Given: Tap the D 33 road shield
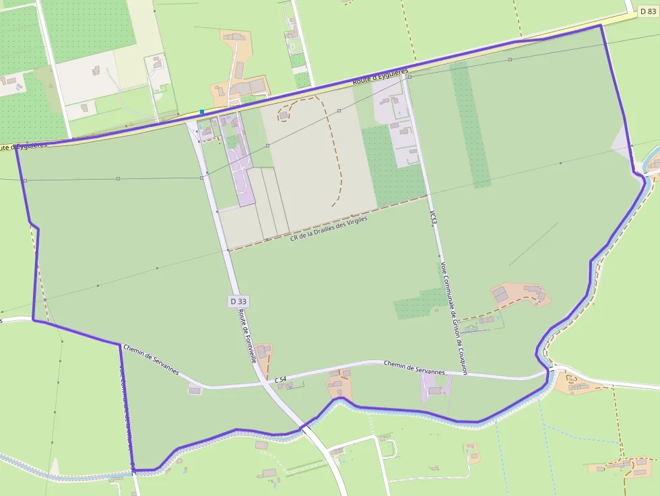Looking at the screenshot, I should coord(237,302).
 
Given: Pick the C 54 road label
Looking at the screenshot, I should coord(281,380).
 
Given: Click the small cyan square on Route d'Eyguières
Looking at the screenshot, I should coord(201,112).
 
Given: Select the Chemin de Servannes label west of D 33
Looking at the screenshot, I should coord(152,359).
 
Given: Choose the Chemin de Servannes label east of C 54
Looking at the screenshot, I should coord(414,367).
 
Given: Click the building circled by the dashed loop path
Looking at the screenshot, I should coord(284,115).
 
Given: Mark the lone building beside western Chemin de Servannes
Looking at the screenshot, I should coord(195,390).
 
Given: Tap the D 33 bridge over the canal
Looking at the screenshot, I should coord(307,426).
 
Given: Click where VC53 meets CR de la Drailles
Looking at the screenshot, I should coord(428,195).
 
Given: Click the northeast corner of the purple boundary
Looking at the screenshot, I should coord(600,26).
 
